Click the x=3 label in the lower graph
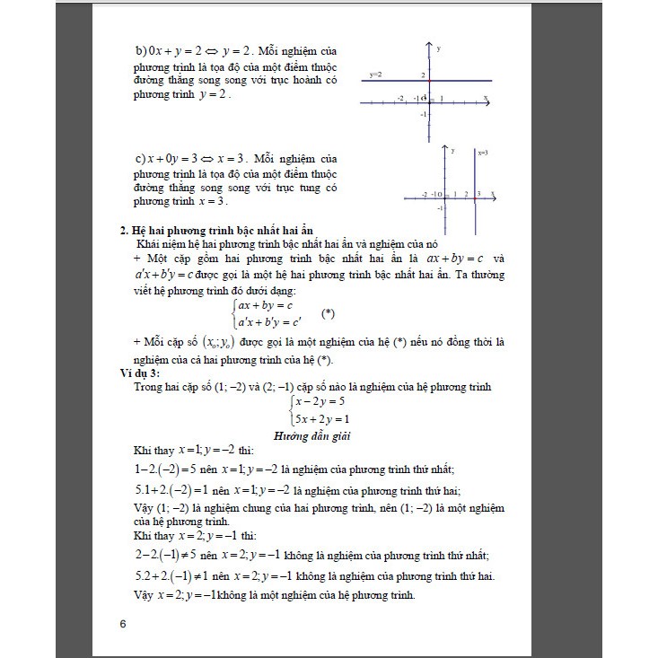(x=482, y=153)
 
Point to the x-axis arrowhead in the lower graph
(x=496, y=195)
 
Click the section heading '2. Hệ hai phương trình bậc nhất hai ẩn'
(x=215, y=229)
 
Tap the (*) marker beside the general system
(x=328, y=312)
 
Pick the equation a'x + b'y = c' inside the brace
(x=269, y=320)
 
